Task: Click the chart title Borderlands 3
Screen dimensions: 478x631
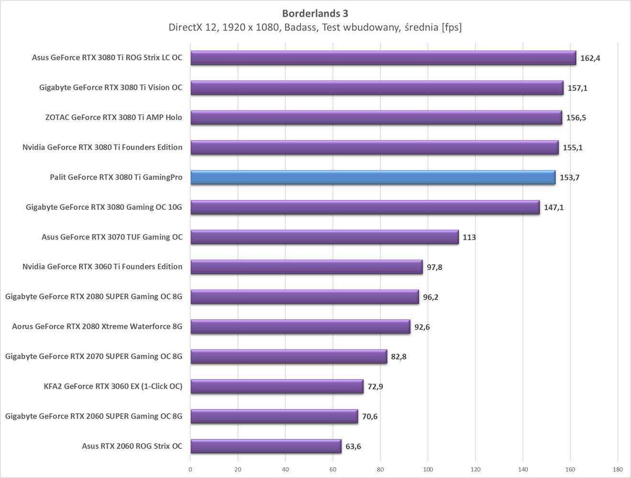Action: point(315,13)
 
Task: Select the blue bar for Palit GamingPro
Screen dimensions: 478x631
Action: point(373,177)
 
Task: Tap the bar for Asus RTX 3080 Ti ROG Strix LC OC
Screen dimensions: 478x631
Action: point(383,58)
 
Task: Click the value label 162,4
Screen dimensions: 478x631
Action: point(590,58)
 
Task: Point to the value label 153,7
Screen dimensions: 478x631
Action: point(569,177)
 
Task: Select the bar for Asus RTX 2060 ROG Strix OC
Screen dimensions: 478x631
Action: point(266,446)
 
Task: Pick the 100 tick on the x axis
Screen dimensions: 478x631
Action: point(428,469)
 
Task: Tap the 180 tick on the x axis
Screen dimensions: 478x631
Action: point(618,469)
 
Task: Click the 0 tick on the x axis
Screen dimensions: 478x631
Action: point(190,469)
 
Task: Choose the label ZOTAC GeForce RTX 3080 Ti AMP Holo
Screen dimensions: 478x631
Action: point(113,117)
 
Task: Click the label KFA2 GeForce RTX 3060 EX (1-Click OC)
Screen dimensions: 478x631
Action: point(113,386)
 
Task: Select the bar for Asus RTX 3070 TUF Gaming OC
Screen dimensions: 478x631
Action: point(324,237)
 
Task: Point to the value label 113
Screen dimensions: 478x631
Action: point(469,237)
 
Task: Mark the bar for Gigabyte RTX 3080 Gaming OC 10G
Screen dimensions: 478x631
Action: point(365,207)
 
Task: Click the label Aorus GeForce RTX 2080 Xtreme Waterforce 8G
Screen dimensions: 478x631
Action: point(97,326)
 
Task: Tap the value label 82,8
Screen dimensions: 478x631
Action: point(399,357)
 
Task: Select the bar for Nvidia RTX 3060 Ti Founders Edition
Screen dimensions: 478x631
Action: point(306,267)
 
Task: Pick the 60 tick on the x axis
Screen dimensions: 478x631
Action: point(333,469)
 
